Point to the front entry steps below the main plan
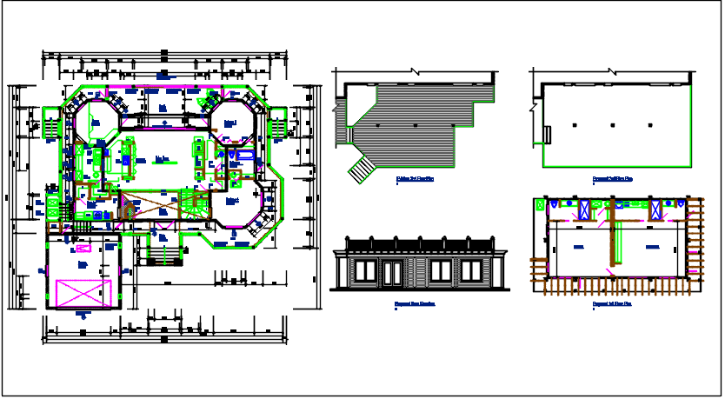pos(163,254)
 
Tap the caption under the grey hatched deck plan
pos(415,179)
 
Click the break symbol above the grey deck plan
pos(416,71)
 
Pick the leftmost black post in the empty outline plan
pos(578,127)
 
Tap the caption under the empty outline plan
pos(612,179)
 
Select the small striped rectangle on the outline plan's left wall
pos(548,133)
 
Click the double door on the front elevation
pos(394,271)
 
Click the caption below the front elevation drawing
pos(415,304)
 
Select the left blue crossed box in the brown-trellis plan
pos(585,209)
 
